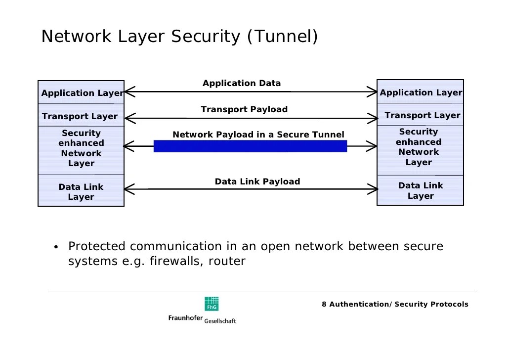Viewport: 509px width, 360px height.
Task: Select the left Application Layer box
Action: (x=81, y=92)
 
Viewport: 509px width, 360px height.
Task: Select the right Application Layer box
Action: (x=420, y=92)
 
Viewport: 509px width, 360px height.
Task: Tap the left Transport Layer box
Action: (x=80, y=116)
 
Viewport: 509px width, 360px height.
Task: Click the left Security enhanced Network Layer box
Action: (x=81, y=148)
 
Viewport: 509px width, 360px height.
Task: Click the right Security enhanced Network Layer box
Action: (x=419, y=147)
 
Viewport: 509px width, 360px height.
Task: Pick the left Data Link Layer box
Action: (x=81, y=191)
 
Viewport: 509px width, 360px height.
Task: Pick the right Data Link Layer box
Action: (x=421, y=190)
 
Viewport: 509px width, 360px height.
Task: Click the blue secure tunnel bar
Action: (x=250, y=146)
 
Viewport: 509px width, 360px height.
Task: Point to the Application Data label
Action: (x=242, y=83)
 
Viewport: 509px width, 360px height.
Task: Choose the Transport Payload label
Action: (x=244, y=109)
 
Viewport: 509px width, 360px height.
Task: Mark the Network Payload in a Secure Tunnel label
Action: (x=258, y=135)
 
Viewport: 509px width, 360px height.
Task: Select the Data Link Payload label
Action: (x=257, y=181)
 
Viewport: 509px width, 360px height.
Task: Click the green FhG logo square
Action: (x=212, y=304)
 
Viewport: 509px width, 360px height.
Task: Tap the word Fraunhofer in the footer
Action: (x=185, y=318)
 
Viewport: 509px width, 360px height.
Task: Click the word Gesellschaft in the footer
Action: (x=220, y=321)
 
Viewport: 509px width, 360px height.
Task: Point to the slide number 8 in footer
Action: (x=324, y=304)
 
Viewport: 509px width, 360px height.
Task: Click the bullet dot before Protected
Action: (x=56, y=247)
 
